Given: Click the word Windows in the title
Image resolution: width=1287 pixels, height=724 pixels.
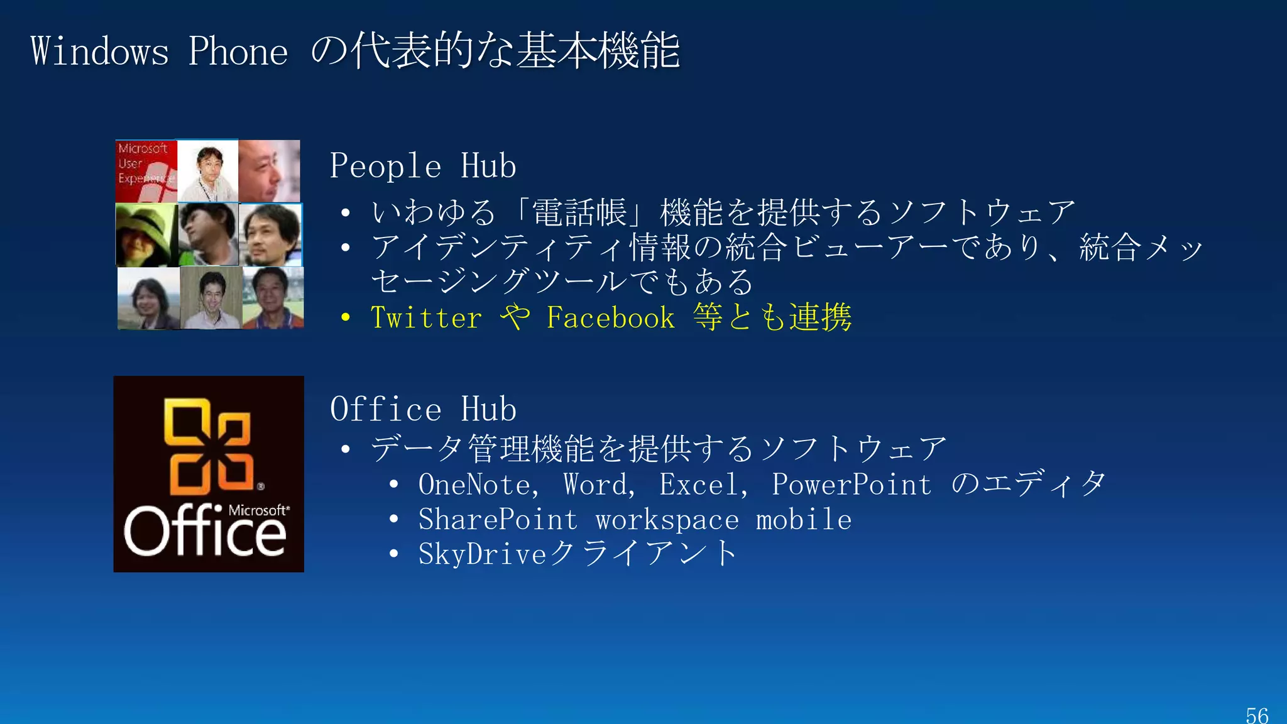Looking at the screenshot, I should click(99, 52).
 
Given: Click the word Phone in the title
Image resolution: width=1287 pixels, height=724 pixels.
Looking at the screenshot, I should click(238, 52).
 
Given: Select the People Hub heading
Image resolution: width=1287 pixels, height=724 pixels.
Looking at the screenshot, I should click(423, 167).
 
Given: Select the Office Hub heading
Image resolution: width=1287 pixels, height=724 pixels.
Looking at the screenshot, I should click(423, 410).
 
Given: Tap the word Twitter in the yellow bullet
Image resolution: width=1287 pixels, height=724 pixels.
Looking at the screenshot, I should click(426, 318).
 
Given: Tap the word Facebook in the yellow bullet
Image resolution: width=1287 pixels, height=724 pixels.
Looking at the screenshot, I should click(610, 318).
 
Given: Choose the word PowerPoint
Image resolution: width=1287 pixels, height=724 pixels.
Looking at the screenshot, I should click(852, 485).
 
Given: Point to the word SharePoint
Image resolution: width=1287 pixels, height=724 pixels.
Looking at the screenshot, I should click(498, 520).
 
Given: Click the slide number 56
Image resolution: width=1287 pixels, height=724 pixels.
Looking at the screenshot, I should click(1257, 715).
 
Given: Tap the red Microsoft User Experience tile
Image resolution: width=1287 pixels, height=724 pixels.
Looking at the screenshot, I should click(146, 171).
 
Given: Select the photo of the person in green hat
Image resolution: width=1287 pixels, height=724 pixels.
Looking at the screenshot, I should click(146, 235).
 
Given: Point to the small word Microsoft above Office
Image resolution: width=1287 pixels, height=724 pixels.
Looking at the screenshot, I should click(258, 510).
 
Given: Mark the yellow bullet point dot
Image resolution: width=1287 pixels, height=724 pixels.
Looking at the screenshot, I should click(345, 317).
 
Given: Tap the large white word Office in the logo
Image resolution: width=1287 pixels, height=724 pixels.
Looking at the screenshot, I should click(204, 533).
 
